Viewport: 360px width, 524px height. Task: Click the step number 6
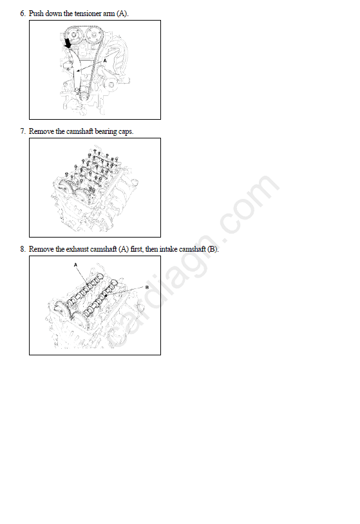pyautogui.click(x=23, y=14)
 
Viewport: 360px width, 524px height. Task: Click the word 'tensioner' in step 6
pyautogui.click(x=88, y=14)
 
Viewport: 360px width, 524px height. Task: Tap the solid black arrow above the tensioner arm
pyautogui.click(x=68, y=43)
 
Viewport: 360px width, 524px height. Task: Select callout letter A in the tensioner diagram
pyautogui.click(x=105, y=61)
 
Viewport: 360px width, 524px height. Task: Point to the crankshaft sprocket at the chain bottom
pyautogui.click(x=83, y=97)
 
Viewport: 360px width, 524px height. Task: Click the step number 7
pyautogui.click(x=23, y=131)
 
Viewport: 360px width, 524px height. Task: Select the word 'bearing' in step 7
pyautogui.click(x=106, y=131)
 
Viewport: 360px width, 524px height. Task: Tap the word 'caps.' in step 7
pyautogui.click(x=126, y=132)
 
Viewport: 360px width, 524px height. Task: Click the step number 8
pyautogui.click(x=23, y=249)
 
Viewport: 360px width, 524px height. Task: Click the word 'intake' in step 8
pyautogui.click(x=168, y=249)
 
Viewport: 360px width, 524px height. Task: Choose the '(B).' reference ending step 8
pyautogui.click(x=213, y=249)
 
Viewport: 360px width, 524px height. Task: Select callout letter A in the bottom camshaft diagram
pyautogui.click(x=75, y=265)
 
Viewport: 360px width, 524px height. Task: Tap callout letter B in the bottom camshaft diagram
pyautogui.click(x=147, y=287)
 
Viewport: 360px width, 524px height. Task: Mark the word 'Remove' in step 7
pyautogui.click(x=41, y=131)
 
